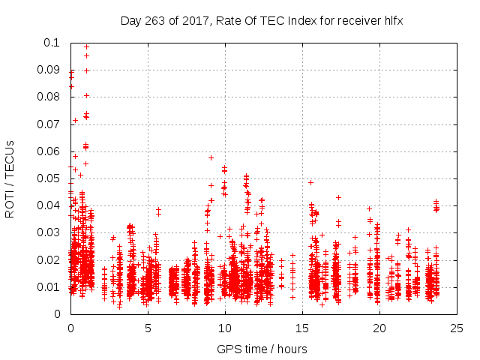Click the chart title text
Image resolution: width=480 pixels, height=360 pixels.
pyautogui.click(x=262, y=20)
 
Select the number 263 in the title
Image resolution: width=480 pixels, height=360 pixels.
pyautogui.click(x=157, y=20)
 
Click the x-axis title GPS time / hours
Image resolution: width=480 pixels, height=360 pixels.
pyautogui.click(x=262, y=349)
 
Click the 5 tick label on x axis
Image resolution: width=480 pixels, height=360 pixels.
pyautogui.click(x=148, y=328)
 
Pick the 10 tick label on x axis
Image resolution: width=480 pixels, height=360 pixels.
pyautogui.click(x=225, y=328)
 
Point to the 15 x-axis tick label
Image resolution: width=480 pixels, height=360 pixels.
pyautogui.click(x=302, y=328)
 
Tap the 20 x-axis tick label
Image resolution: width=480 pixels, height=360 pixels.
pyautogui.click(x=379, y=328)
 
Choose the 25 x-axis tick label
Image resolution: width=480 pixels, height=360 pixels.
pyautogui.click(x=457, y=328)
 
